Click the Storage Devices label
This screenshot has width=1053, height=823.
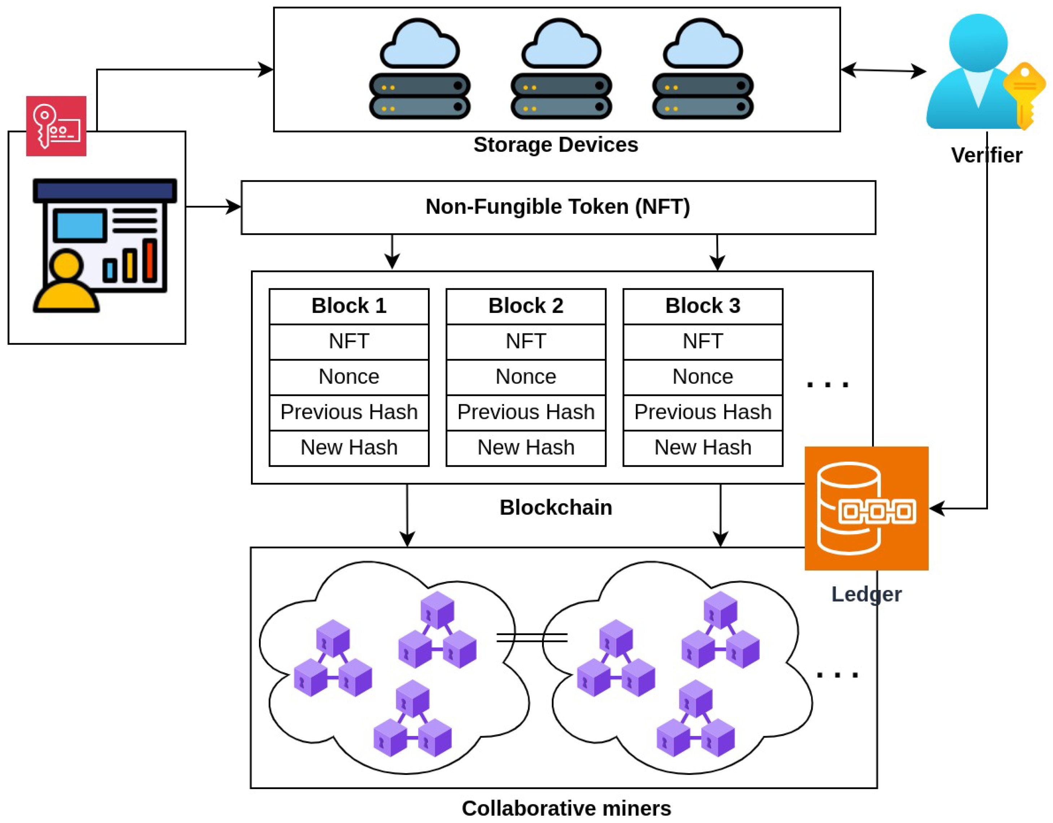555,145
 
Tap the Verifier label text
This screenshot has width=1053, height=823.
987,155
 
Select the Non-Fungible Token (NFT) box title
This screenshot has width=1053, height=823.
558,207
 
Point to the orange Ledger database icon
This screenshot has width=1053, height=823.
866,508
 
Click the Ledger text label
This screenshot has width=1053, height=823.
866,594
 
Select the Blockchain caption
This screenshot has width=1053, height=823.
555,508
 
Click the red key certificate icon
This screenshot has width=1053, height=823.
56,126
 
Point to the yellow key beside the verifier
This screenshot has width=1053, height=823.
1024,94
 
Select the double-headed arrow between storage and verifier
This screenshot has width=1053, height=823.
883,70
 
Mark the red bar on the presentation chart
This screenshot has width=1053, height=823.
150,260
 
